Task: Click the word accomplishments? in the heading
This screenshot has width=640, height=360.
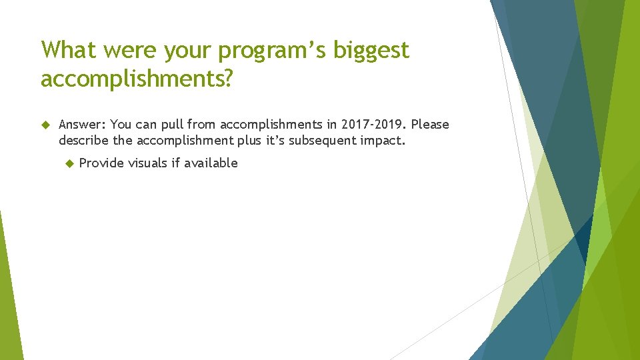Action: pyautogui.click(x=137, y=79)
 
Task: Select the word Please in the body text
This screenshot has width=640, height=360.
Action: pyautogui.click(x=431, y=125)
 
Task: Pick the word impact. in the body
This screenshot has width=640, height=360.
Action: pyautogui.click(x=382, y=141)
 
